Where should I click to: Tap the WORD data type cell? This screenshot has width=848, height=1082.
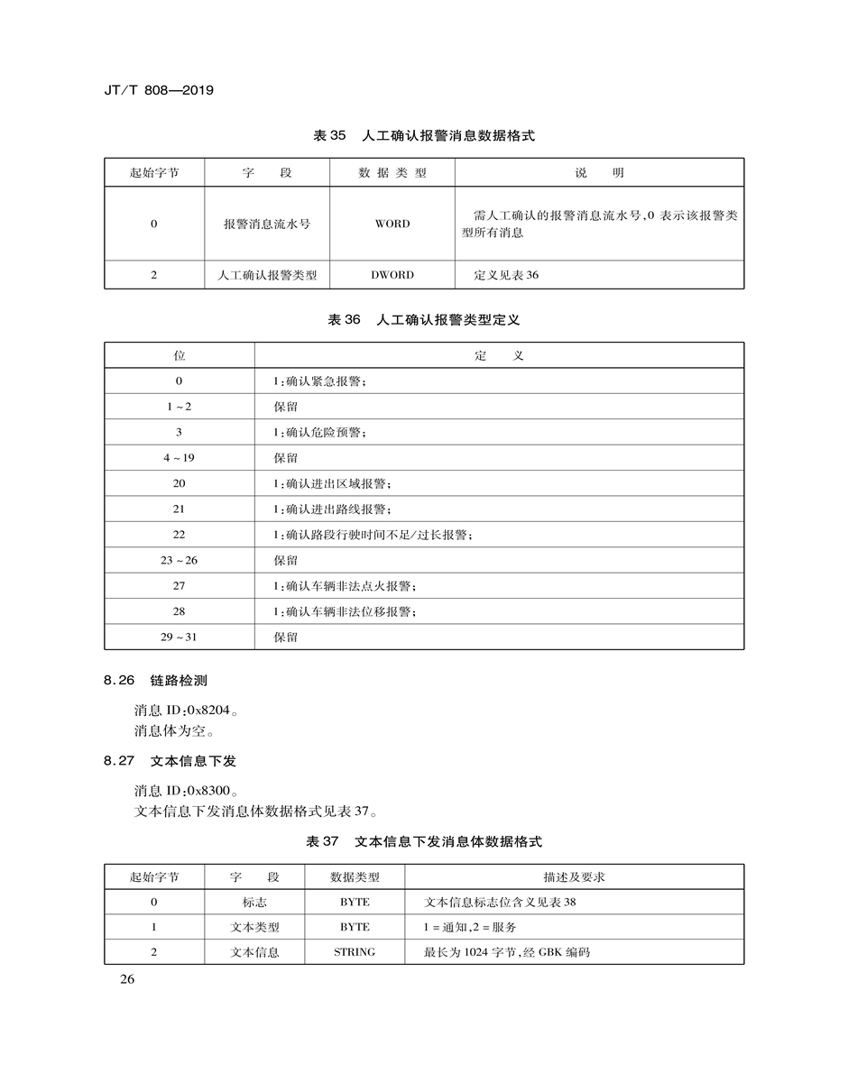[x=392, y=224]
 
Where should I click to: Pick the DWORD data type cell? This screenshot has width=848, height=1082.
[x=392, y=275]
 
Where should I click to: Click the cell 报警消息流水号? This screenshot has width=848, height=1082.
[x=267, y=224]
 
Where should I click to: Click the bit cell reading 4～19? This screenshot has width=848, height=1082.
[x=179, y=458]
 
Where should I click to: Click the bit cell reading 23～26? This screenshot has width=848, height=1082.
[x=179, y=561]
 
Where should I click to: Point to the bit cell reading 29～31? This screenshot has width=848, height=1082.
[x=179, y=637]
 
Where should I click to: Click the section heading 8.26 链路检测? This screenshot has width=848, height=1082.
[x=155, y=680]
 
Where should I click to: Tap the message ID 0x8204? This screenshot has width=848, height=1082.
[x=188, y=709]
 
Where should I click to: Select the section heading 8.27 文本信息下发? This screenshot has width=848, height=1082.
[x=170, y=761]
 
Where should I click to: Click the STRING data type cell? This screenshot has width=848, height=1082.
[x=355, y=952]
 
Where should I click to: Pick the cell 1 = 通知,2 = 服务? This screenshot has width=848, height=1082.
[x=470, y=927]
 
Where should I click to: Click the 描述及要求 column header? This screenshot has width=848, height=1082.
[x=574, y=876]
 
